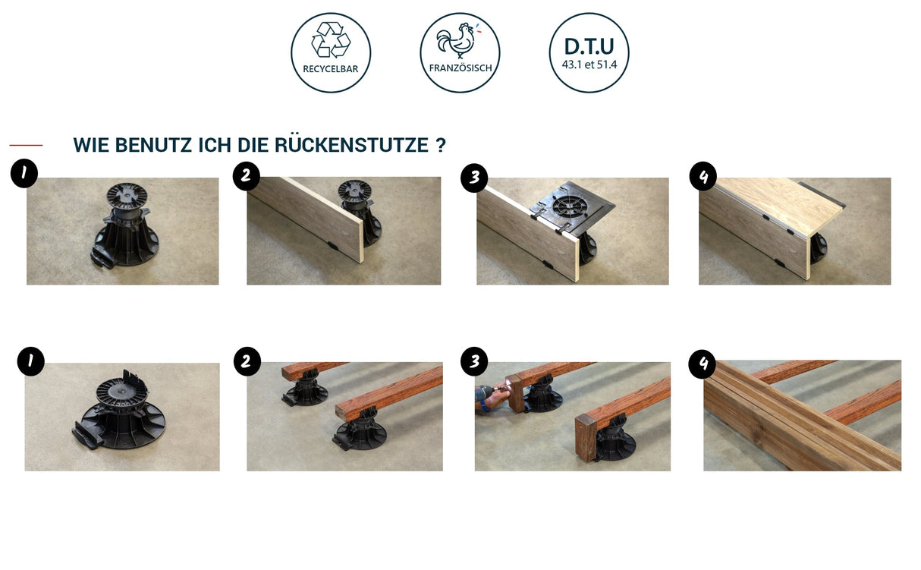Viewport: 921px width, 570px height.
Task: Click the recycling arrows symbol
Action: coord(331,39)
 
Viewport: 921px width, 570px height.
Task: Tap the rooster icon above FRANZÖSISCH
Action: coord(456,42)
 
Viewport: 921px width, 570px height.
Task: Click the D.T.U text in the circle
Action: coord(589,45)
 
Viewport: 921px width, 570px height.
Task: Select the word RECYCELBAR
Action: coord(331,68)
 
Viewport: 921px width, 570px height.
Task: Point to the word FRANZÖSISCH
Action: coord(460,68)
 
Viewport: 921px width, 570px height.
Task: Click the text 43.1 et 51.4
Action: coord(589,65)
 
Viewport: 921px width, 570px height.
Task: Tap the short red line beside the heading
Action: coord(26,145)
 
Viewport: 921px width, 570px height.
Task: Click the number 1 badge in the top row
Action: coord(24,174)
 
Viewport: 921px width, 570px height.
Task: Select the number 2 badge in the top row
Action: coord(246,176)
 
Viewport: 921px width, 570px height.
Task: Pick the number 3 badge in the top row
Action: coord(474,178)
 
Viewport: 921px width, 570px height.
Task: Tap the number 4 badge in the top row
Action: coord(703,177)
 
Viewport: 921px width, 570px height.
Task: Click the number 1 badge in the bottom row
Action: coord(30,361)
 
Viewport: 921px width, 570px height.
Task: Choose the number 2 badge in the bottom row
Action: coord(246,362)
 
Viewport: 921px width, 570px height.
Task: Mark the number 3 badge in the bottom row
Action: coord(474,361)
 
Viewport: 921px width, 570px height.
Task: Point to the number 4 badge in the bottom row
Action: coord(703,364)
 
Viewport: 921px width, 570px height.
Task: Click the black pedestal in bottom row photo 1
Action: coord(121,414)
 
